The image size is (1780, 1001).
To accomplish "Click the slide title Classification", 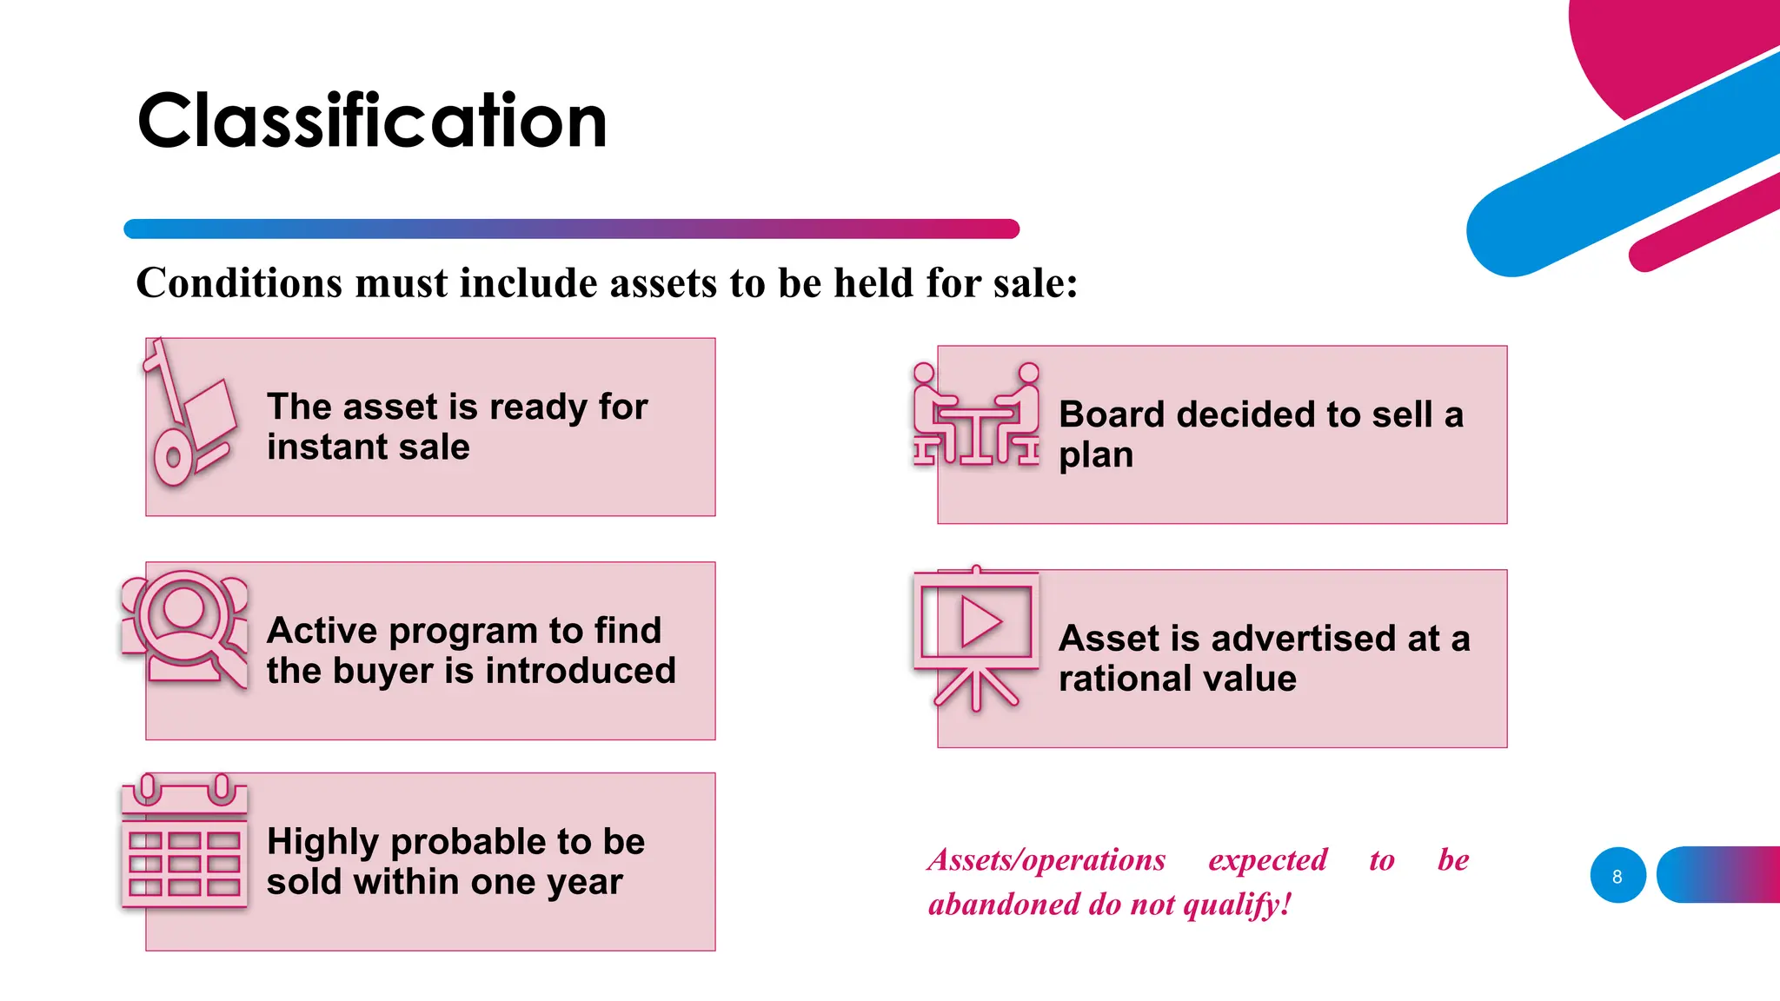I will coord(372,121).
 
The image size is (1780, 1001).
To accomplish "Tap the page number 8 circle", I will coord(1617,876).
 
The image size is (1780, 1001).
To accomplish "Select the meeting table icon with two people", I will coord(976,415).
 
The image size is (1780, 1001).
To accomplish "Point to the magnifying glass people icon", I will coord(185,628).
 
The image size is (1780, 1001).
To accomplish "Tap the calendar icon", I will coord(184,843).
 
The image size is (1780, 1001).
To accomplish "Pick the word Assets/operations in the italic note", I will coord(1046,860).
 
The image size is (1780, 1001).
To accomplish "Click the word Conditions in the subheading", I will coord(239,283).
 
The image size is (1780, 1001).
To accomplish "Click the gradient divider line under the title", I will coord(571,229).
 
